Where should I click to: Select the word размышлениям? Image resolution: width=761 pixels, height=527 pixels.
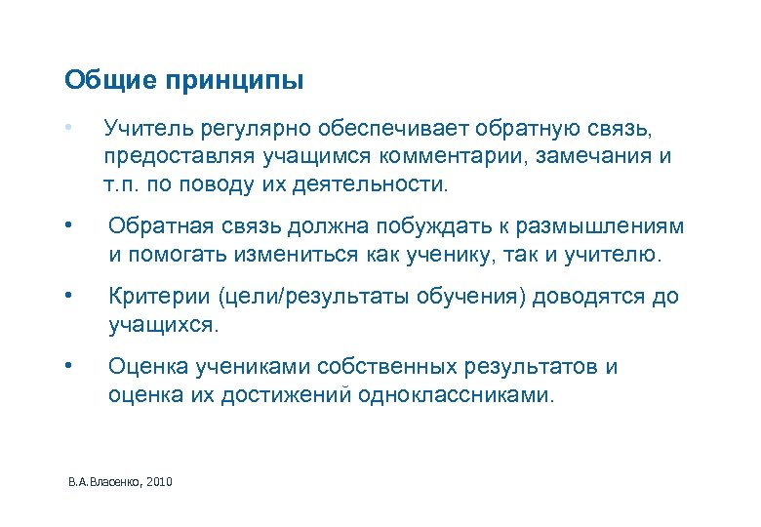coord(610,227)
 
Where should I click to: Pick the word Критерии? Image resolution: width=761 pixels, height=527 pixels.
coord(148,297)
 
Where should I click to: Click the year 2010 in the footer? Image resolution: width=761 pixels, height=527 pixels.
coord(159,482)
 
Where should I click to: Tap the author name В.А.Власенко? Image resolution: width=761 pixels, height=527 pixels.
coord(103,482)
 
